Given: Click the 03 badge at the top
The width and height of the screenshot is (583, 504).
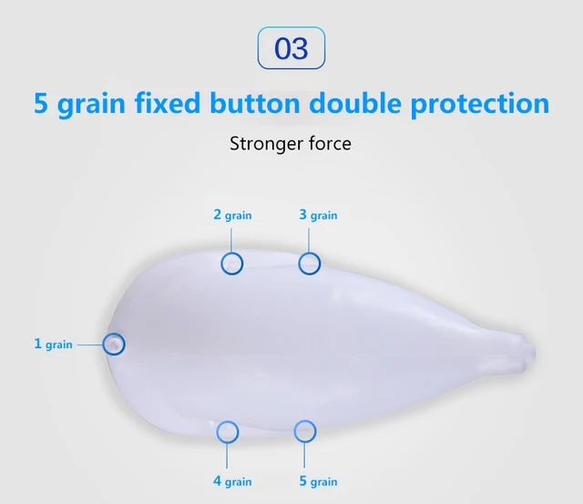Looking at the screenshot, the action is coord(291,47).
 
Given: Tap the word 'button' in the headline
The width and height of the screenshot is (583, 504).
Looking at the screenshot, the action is coord(255,103).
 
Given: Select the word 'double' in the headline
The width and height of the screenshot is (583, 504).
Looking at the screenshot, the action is coord(355,103).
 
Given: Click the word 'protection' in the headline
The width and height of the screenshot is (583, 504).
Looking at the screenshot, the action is coord(480,104).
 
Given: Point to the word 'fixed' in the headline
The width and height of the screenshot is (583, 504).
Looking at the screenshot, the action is coord(168,103).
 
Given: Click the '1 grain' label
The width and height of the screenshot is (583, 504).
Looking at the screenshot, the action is coord(53,345).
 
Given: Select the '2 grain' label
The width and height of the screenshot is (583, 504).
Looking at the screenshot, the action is coord(232,215).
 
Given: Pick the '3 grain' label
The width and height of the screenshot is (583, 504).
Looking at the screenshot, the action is coord(318,215).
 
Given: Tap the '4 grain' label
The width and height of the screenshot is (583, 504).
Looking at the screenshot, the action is coord(232,481).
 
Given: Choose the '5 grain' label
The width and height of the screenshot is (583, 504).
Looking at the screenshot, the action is coord(318,481).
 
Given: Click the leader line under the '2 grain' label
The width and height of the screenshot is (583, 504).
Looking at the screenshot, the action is coord(230,241).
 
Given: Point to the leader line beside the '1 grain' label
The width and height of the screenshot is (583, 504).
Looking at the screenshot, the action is coord(90,345).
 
